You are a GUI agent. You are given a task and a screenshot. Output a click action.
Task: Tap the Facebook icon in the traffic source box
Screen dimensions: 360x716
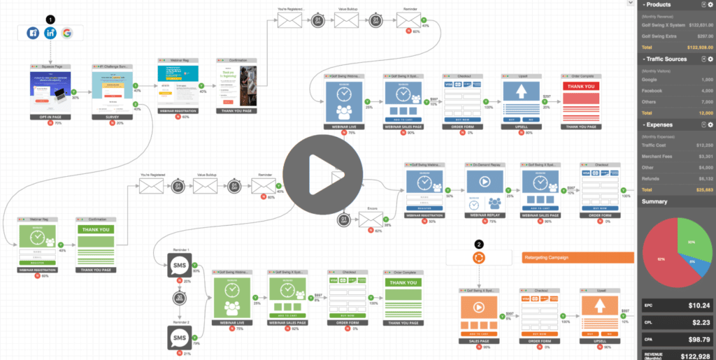pos(33,33)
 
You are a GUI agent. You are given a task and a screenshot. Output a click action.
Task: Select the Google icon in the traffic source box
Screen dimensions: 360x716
pos(66,33)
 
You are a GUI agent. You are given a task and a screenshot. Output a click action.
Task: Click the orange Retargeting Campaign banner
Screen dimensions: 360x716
pos(577,257)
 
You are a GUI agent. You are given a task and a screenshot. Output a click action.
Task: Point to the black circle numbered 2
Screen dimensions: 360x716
pos(478,244)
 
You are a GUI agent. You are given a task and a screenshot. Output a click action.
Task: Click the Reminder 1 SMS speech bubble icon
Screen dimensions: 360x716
pos(177,265)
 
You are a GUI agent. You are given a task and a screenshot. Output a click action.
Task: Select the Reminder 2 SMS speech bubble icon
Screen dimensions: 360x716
pos(177,338)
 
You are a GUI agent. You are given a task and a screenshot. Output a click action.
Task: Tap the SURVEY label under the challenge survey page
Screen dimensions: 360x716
pos(111,117)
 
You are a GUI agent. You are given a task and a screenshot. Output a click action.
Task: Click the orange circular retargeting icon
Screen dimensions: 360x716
pos(479,257)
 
